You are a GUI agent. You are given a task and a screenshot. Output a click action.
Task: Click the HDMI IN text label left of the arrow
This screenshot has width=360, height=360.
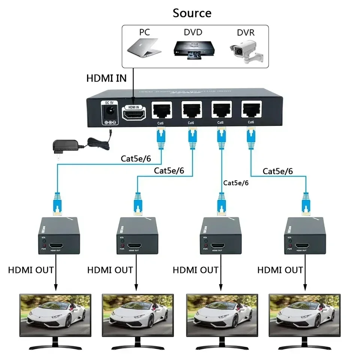pos(106,78)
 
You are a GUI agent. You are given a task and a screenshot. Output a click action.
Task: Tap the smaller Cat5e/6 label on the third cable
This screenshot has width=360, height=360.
pos(236,183)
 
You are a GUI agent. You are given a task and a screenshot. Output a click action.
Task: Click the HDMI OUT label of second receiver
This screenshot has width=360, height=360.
pos(110,270)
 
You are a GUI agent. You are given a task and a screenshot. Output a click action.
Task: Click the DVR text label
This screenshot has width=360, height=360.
pos(245,32)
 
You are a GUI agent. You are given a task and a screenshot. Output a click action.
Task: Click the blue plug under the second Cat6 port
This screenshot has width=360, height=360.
pos(192,135)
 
